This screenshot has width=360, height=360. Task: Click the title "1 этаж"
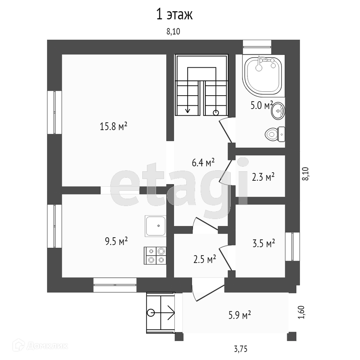click(x=175, y=15)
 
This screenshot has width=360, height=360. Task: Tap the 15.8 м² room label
click(x=114, y=126)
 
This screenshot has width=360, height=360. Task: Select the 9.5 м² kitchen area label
click(x=116, y=241)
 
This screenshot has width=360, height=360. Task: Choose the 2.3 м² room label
click(x=263, y=177)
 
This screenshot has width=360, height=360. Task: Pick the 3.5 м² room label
click(x=263, y=243)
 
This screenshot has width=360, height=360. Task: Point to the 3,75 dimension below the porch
click(x=240, y=349)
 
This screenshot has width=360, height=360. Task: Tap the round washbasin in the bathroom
click(x=278, y=111)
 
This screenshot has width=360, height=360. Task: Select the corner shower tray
click(x=263, y=75)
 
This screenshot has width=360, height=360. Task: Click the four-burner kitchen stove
click(x=156, y=255)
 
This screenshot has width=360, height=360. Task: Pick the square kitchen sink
click(x=155, y=226)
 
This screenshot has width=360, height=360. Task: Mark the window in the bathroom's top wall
click(x=257, y=47)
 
